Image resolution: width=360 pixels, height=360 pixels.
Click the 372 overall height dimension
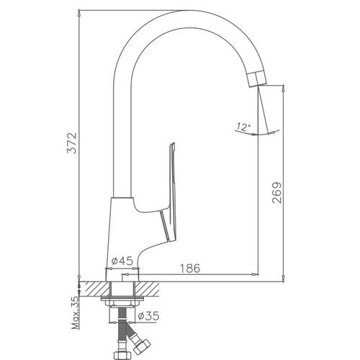tap(72, 143)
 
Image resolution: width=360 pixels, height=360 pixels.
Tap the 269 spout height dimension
tap(277, 193)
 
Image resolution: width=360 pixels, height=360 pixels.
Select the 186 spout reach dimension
tap(190, 268)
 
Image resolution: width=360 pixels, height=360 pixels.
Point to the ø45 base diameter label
tap(122, 261)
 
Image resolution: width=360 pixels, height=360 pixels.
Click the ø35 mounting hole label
tap(148, 316)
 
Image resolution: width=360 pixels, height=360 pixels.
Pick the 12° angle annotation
tap(243, 127)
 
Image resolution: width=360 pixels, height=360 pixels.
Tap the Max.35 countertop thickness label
tap(76, 312)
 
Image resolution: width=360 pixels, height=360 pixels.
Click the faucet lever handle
tap(170, 192)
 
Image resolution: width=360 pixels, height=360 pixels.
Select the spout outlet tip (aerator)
tap(257, 78)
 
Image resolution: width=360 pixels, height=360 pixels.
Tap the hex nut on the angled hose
tap(142, 346)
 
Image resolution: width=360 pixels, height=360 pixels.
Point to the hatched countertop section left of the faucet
tap(95, 289)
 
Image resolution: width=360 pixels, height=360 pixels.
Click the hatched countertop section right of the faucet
tap(148, 289)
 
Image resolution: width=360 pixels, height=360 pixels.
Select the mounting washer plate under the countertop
tap(122, 299)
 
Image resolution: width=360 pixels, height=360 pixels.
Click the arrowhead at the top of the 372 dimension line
tap(79, 14)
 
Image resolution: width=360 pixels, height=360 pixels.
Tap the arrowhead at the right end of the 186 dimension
tap(255, 274)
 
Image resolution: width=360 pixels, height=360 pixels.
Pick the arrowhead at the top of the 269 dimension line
tap(284, 89)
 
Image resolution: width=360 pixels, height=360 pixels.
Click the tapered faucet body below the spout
tap(122, 239)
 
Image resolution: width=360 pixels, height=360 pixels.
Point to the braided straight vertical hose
tap(122, 329)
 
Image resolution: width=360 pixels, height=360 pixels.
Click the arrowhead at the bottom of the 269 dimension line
tap(284, 279)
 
